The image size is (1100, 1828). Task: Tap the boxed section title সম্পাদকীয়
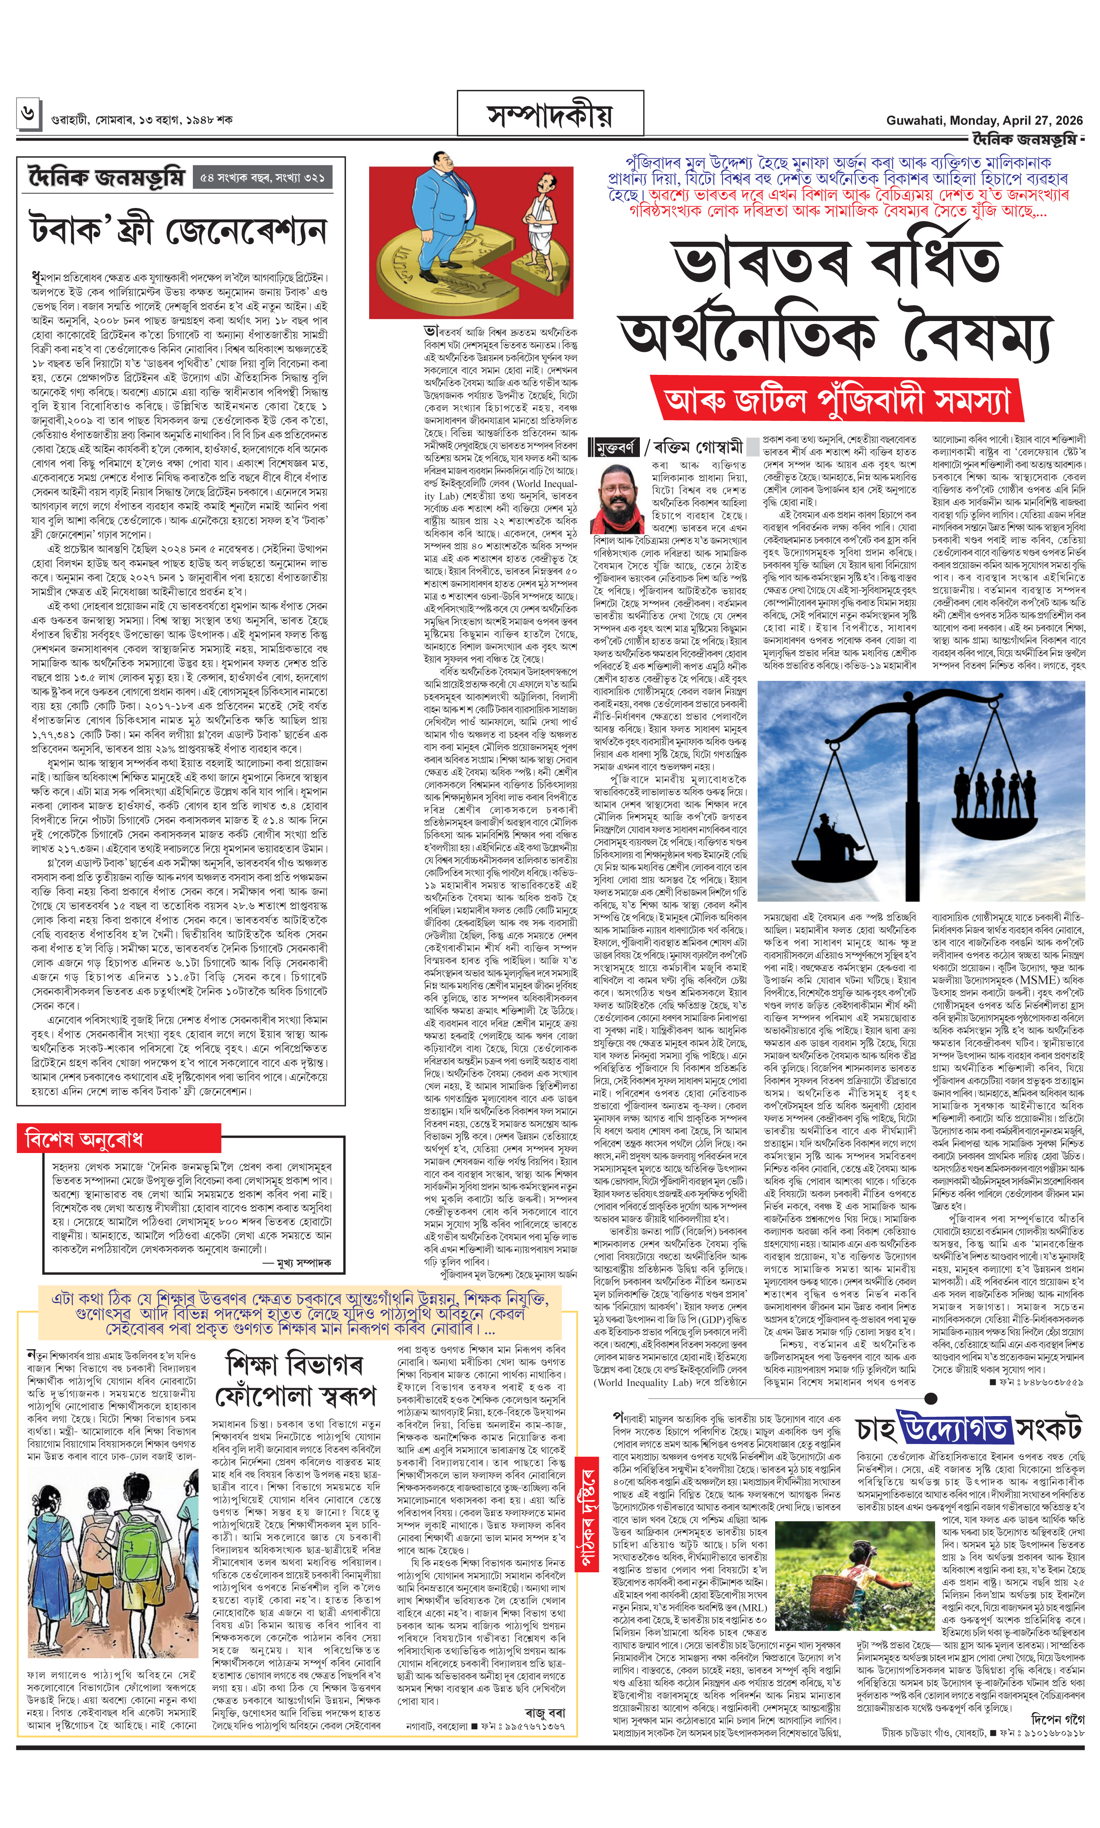pyautogui.click(x=550, y=116)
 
